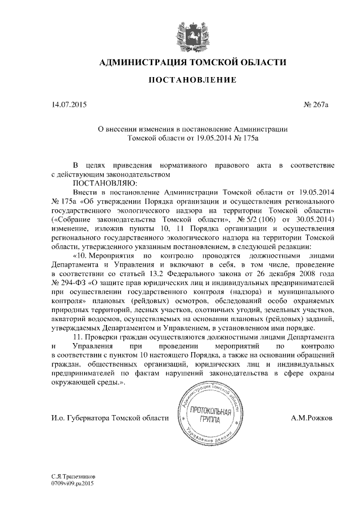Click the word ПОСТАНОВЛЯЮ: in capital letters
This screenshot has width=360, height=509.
101,183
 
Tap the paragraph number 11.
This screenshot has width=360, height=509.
78,336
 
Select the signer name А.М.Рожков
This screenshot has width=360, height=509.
312,418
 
